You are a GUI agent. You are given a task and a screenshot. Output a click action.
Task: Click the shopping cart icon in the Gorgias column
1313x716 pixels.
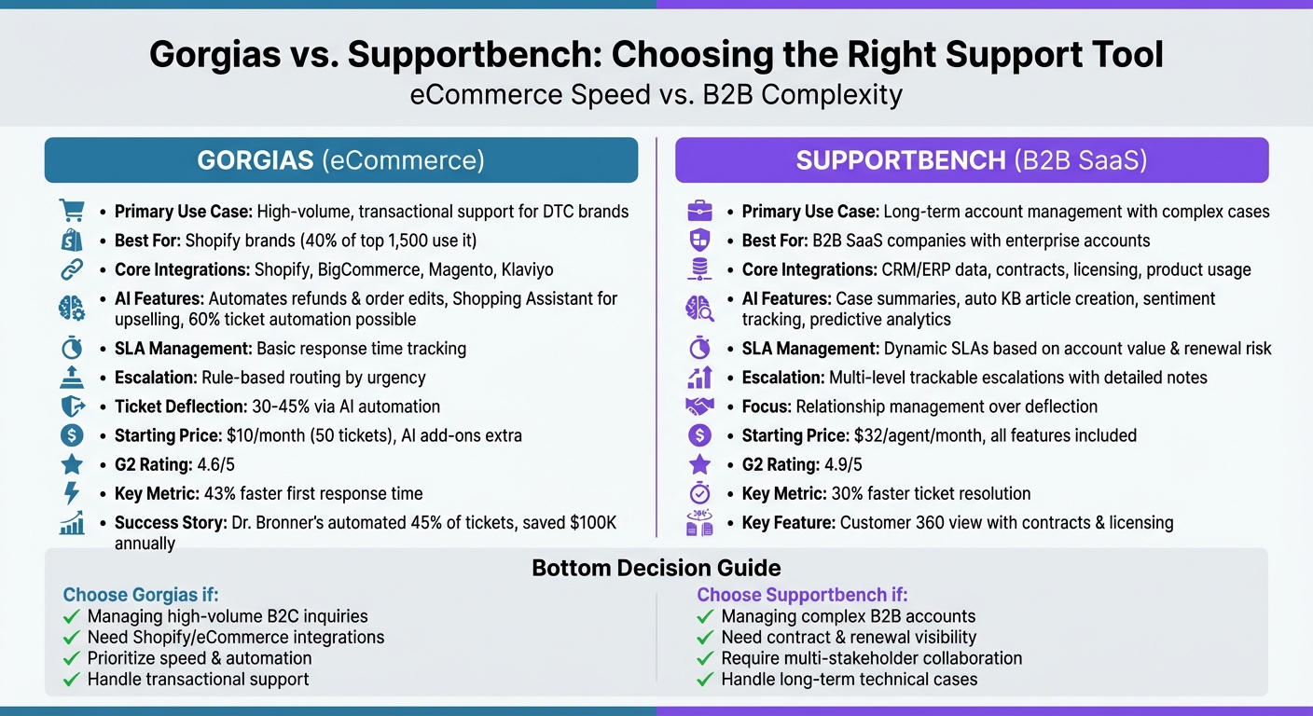pyautogui.click(x=72, y=211)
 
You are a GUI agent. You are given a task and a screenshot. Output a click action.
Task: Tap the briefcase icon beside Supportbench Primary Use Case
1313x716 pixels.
pyautogui.click(x=699, y=212)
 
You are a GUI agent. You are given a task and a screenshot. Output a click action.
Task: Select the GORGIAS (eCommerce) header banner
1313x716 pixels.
pyautogui.click(x=341, y=160)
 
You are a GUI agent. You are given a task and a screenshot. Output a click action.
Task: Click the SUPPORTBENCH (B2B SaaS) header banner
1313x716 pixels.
pyautogui.click(x=972, y=160)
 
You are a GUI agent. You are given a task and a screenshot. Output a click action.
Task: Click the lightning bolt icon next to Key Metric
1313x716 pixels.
pyautogui.click(x=72, y=493)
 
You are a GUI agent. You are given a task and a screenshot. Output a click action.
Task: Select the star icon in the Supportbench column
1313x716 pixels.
pyautogui.click(x=699, y=464)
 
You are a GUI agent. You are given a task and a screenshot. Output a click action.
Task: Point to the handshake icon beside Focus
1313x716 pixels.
pyautogui.click(x=699, y=406)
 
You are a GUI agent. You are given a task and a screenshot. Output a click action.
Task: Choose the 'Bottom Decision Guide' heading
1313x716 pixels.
pyautogui.click(x=656, y=568)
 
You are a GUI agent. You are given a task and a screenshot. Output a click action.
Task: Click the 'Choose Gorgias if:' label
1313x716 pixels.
pyautogui.click(x=141, y=595)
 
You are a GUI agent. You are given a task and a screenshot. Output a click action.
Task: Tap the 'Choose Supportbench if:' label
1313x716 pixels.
pyautogui.click(x=802, y=595)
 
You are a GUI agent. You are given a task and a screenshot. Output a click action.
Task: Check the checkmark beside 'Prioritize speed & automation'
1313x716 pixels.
pyautogui.click(x=71, y=658)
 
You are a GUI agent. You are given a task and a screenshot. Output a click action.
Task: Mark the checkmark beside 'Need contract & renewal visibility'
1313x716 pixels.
pyautogui.click(x=705, y=638)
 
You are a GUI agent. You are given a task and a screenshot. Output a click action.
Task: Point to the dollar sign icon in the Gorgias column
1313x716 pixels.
pyautogui.click(x=72, y=435)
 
